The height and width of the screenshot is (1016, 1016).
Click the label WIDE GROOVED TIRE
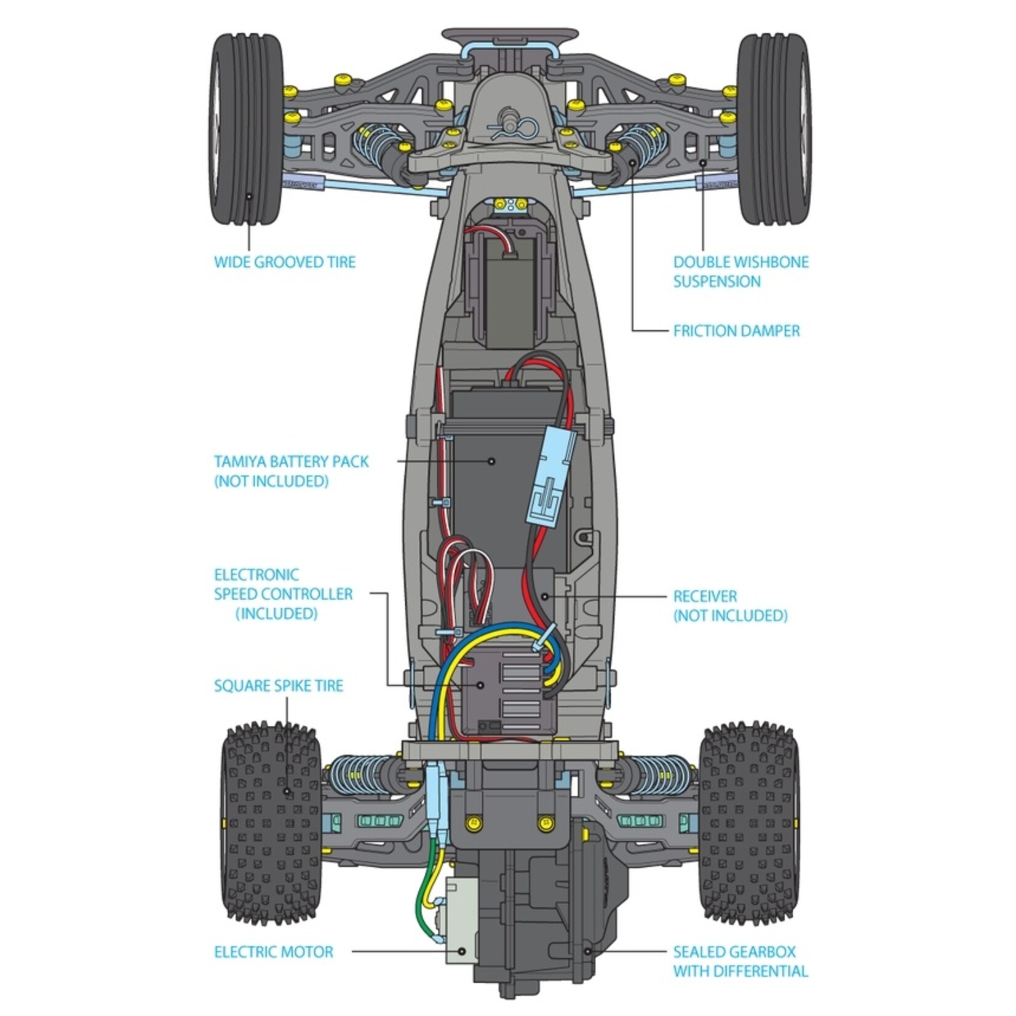[x=285, y=262]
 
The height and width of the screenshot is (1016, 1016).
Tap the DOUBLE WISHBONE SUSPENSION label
[x=740, y=272]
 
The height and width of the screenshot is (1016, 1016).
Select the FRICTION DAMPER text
[x=736, y=331]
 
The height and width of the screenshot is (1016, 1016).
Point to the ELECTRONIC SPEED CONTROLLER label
[x=283, y=594]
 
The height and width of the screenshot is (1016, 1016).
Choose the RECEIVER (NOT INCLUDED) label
[x=730, y=606]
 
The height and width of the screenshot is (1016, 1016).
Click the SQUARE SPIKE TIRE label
[x=278, y=686]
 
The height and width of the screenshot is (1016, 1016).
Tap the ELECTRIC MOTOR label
[x=273, y=953]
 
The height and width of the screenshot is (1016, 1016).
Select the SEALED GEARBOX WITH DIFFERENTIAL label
[x=740, y=962]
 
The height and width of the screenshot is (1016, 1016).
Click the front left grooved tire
[x=247, y=129]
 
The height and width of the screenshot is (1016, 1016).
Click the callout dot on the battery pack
[x=491, y=460]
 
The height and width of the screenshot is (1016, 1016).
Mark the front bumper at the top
[x=510, y=35]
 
